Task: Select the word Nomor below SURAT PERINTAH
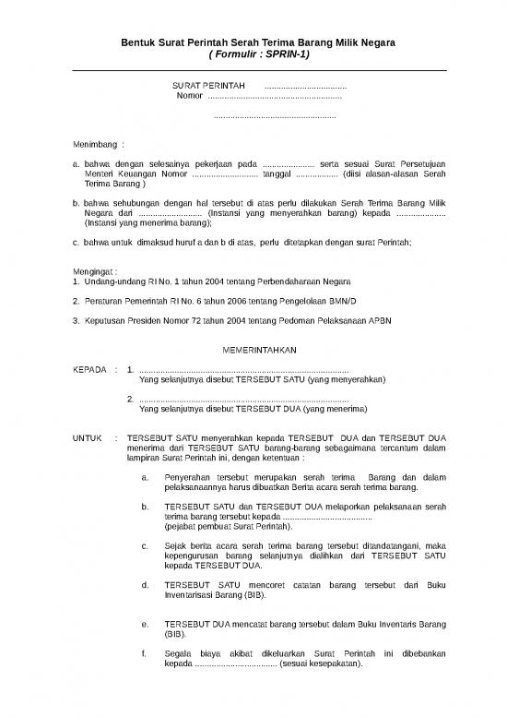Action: tap(190, 96)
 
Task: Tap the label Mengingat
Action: tap(95, 269)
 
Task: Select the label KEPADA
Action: tap(90, 369)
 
